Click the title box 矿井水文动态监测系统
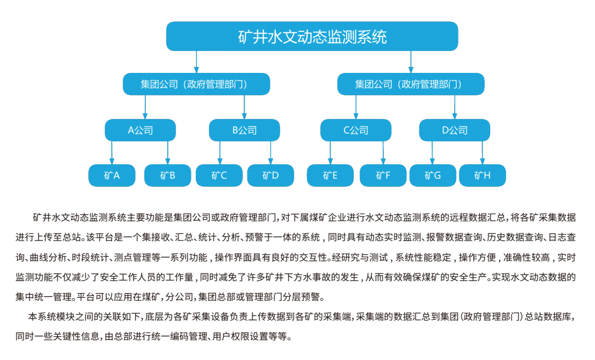[x=312, y=36]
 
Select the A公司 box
[x=140, y=130]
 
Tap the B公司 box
[x=245, y=130]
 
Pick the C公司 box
[x=356, y=130]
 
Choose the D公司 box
[x=455, y=130]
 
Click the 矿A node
[x=112, y=175]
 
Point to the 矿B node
[x=168, y=175]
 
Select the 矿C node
[x=219, y=175]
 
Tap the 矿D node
[x=270, y=175]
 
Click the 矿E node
[x=330, y=175]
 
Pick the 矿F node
[x=383, y=175]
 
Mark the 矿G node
[x=433, y=175]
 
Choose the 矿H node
[x=483, y=175]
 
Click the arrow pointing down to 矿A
[x=112, y=153]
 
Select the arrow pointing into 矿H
[x=483, y=153]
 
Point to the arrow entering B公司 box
[x=245, y=107]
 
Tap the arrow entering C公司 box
[x=356, y=107]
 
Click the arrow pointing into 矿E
[x=330, y=153]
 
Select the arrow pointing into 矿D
[x=270, y=153]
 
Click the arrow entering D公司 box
[x=455, y=107]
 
